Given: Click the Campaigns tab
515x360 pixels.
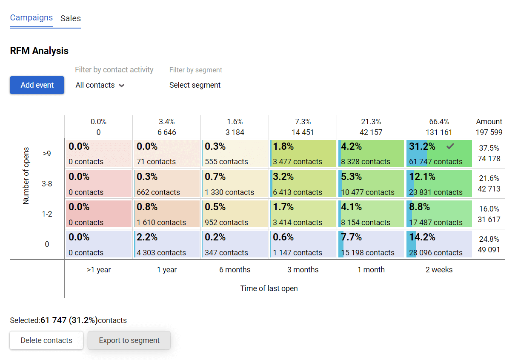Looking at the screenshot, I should (x=31, y=18).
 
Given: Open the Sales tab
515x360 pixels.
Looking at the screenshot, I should (x=71, y=19).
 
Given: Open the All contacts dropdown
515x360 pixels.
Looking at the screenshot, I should (x=100, y=85).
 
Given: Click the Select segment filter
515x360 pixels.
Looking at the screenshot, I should (x=195, y=85).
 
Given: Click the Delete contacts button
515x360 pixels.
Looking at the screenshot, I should (x=46, y=340).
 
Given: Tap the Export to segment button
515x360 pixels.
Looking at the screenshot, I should (x=129, y=340).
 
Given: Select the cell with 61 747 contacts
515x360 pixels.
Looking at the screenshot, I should (x=439, y=154).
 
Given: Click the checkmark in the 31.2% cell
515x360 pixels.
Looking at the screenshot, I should (x=450, y=146).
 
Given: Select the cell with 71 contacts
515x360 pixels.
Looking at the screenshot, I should (x=166, y=154).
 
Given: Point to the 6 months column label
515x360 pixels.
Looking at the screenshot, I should (x=235, y=270).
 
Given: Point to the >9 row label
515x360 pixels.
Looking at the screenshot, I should (x=47, y=154).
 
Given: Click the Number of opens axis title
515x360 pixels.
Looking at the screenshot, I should (x=26, y=176).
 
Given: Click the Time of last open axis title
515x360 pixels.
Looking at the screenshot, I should (x=269, y=289).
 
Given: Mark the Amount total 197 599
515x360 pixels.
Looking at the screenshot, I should (x=489, y=132).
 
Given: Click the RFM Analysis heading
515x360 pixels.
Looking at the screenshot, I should (x=39, y=51).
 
